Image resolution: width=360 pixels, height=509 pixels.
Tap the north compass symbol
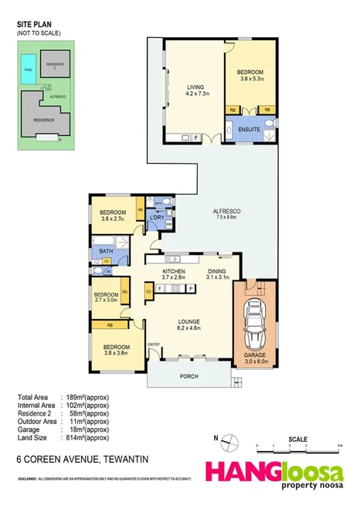tap(228, 443)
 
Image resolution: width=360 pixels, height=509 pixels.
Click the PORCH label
tap(186, 376)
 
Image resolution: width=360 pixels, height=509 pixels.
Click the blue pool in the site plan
tap(29, 63)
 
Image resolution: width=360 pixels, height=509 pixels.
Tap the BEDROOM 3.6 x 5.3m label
tap(252, 74)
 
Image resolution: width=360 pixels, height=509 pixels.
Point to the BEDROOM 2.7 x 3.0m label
tap(106, 298)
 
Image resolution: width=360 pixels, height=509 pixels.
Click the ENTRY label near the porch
tap(153, 344)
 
